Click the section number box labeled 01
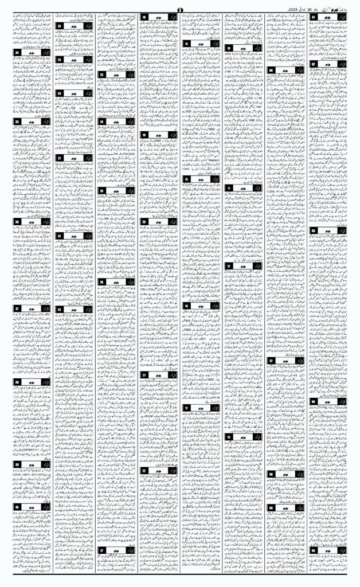(x=315, y=18)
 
